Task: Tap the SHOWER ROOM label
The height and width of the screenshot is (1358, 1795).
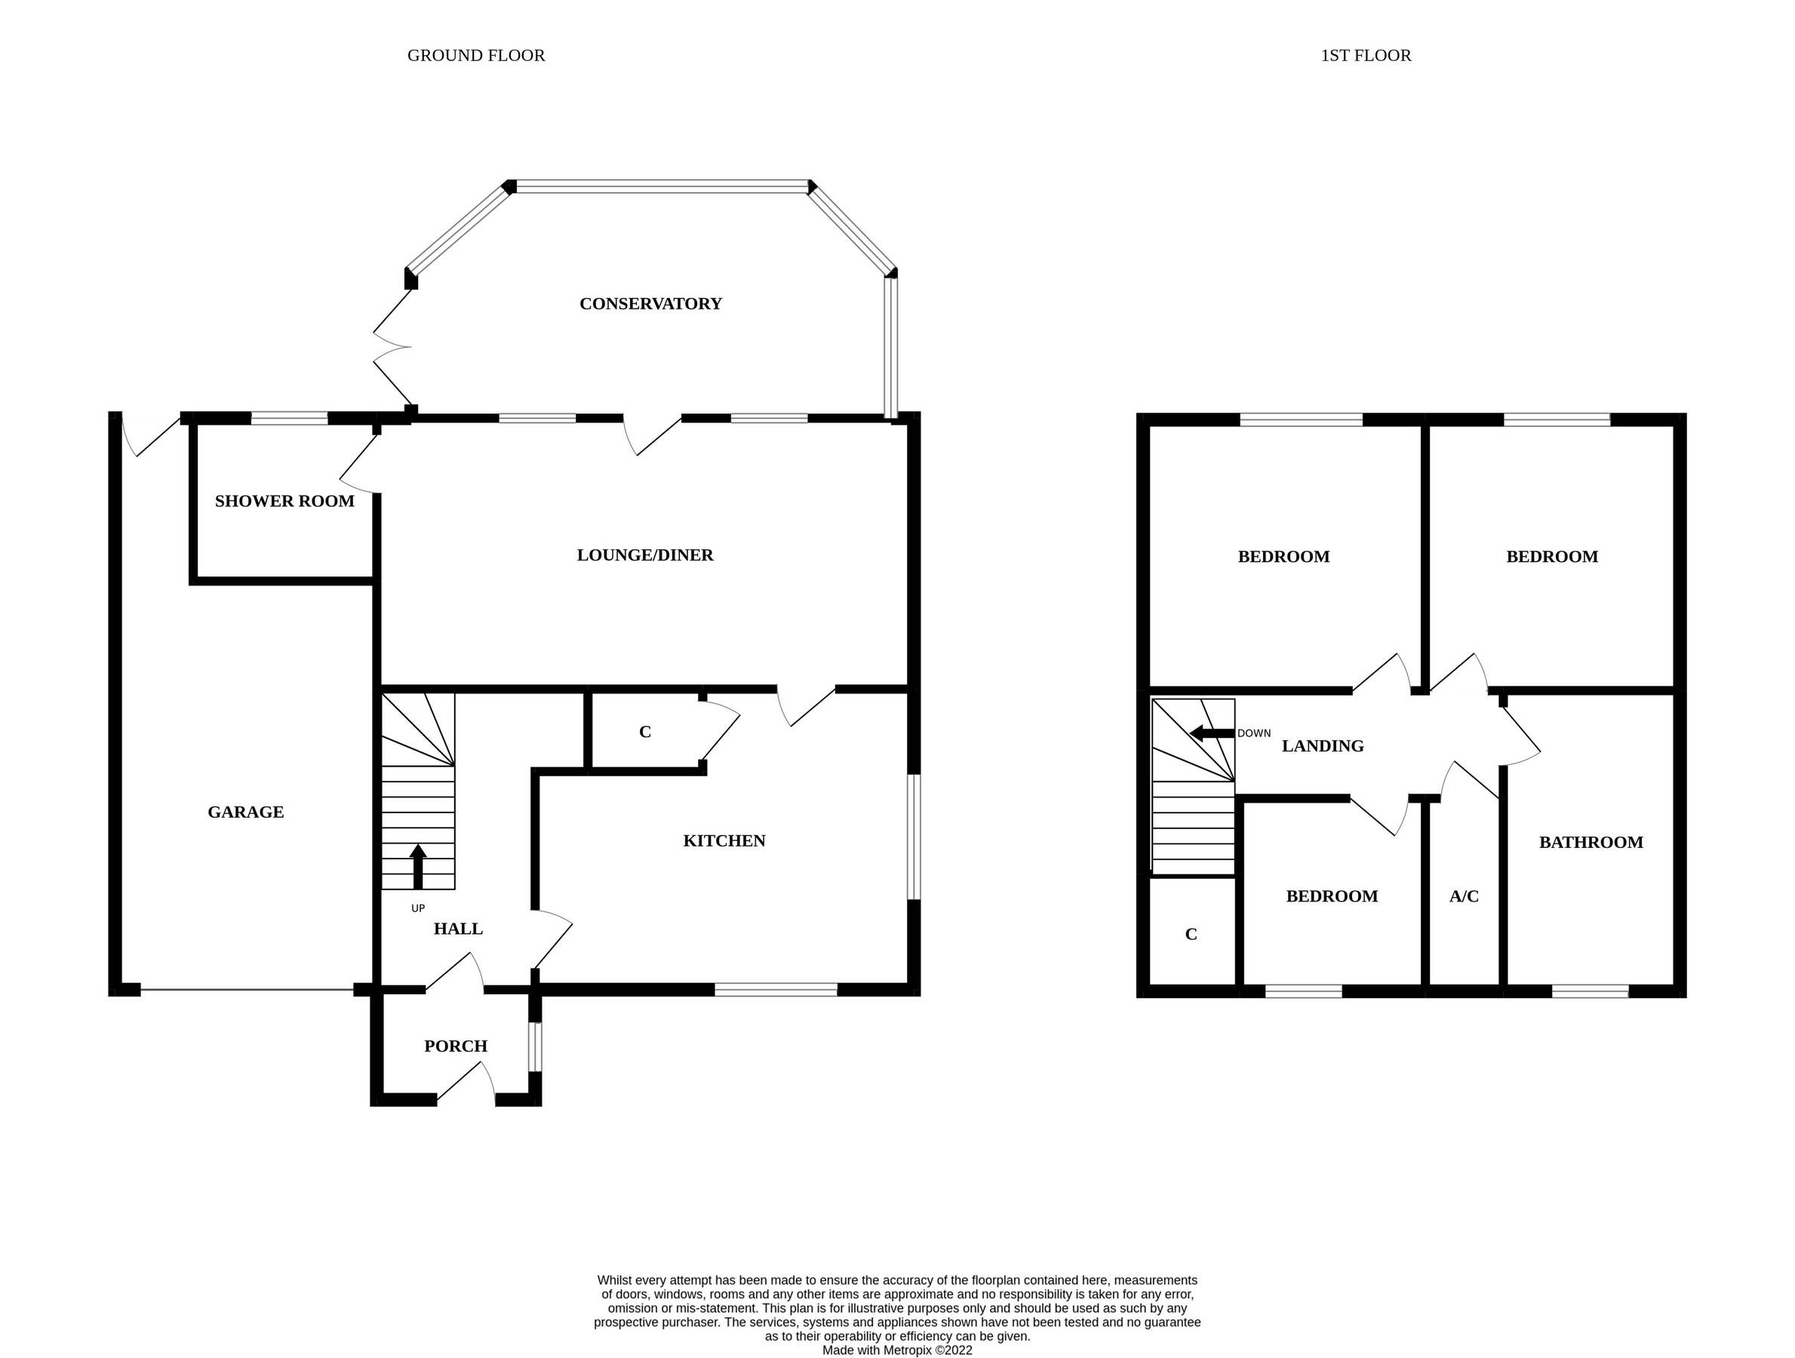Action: click(284, 502)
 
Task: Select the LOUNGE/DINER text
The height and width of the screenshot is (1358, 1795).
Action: click(644, 555)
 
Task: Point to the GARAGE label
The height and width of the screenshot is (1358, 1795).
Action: click(245, 812)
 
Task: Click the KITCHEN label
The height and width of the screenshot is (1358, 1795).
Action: click(724, 840)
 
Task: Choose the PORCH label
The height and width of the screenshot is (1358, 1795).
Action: click(455, 1046)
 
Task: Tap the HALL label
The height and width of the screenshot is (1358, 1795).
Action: click(458, 929)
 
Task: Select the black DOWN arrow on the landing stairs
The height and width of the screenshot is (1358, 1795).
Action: click(1211, 733)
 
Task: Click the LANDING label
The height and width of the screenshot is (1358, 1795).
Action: click(1322, 746)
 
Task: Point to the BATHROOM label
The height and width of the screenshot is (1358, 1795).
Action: click(1591, 842)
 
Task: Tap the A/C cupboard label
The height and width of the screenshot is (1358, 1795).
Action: click(1464, 896)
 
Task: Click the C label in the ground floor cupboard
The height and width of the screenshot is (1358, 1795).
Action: click(645, 732)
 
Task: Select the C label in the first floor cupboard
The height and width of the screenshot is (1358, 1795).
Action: click(1191, 935)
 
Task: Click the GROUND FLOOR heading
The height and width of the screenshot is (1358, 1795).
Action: click(475, 55)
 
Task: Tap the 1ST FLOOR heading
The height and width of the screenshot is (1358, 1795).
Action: click(1366, 55)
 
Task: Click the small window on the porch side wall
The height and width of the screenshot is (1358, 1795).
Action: click(535, 1046)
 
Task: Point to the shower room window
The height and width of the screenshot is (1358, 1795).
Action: click(289, 419)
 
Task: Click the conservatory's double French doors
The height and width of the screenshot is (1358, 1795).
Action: click(392, 347)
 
